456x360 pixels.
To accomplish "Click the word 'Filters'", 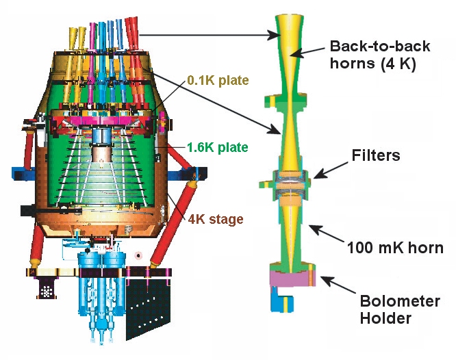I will [x=373, y=155].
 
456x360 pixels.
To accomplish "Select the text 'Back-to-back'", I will [x=380, y=47].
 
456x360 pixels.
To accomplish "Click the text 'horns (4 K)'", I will [x=374, y=66].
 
